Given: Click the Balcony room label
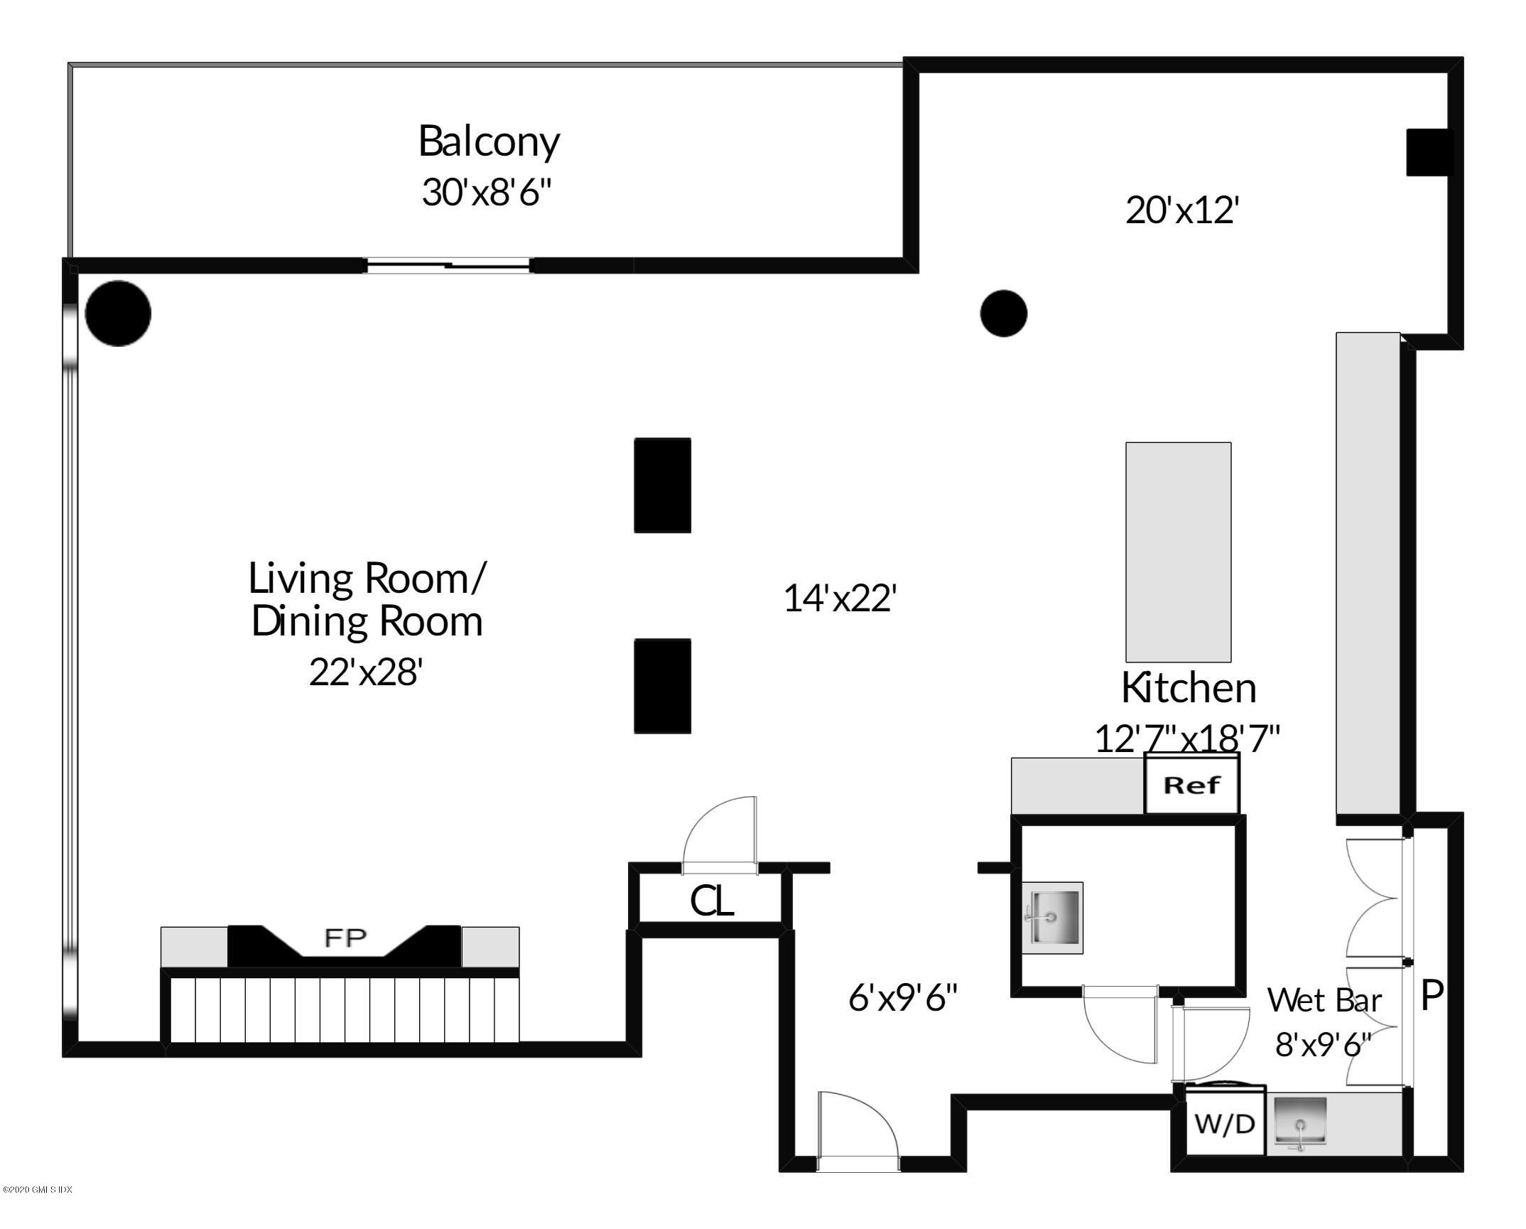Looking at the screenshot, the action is coord(489,141).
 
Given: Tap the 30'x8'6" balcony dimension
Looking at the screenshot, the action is coord(487,192).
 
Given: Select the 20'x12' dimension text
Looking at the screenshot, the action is coord(1182,210).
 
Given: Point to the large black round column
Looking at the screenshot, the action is coord(118,313).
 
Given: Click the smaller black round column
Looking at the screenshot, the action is coord(1003,313).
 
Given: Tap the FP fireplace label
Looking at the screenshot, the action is coord(345,938).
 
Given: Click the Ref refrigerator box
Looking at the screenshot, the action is coord(1192,785).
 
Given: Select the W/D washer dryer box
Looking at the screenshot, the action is coord(1225,1125).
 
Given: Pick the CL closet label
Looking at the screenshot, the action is coord(712,901).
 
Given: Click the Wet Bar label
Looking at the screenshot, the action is coord(1324,1000).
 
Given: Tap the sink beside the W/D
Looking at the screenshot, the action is coord(1300,1124).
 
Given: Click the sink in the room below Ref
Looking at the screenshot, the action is coord(1052,918).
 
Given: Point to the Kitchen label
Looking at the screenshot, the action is coord(1189,687).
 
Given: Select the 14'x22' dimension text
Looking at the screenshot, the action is coord(840,599).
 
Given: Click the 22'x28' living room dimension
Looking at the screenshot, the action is coord(366,671).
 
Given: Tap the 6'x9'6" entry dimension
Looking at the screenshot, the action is coord(903,998).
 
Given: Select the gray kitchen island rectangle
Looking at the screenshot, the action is coord(1178,552).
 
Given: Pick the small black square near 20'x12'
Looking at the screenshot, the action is coord(1430,152).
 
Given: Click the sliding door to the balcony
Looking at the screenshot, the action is coord(448,267).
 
